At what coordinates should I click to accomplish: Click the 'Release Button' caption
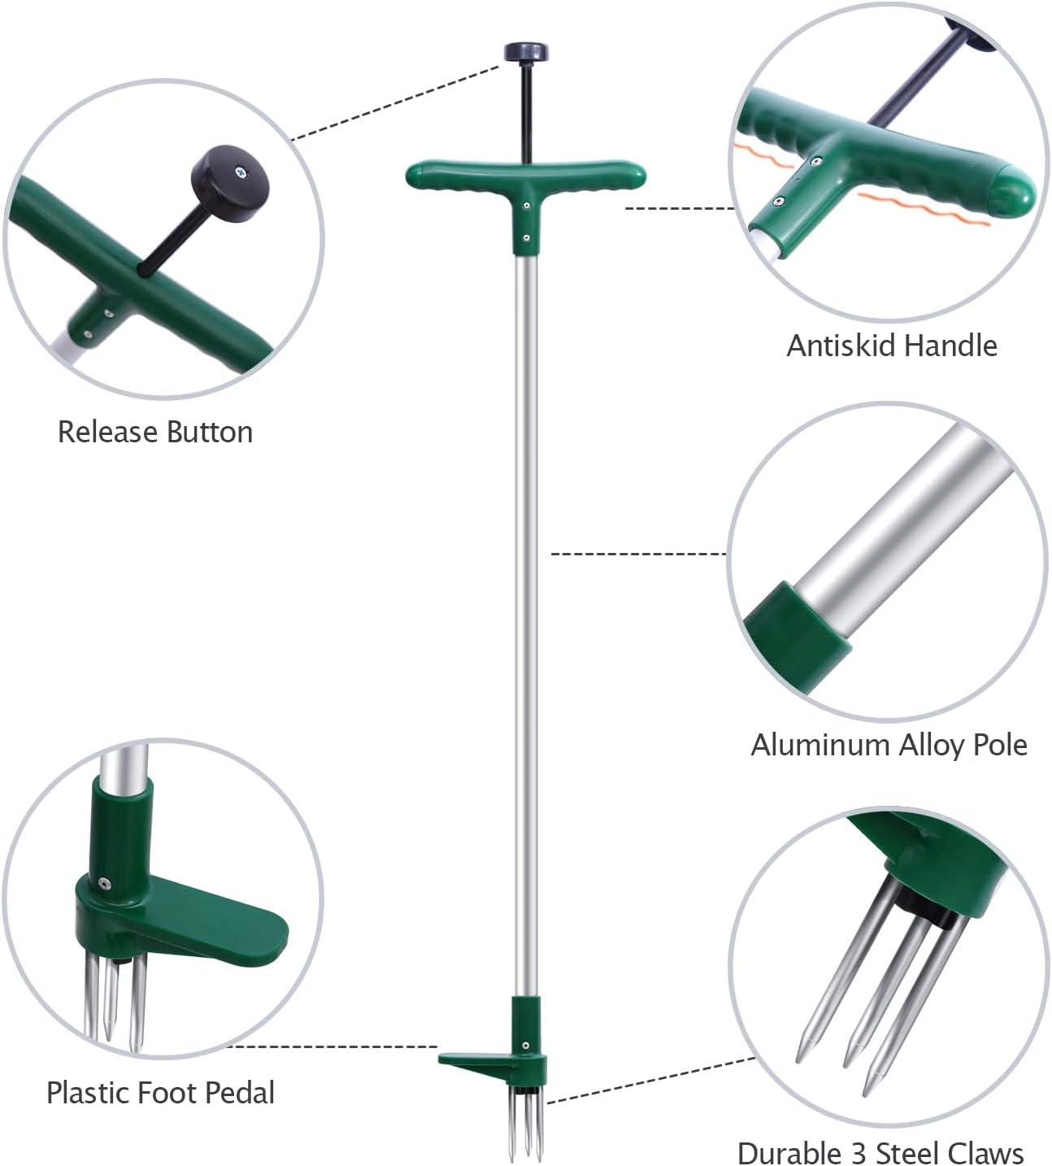(155, 432)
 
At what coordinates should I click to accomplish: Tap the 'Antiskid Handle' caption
(892, 346)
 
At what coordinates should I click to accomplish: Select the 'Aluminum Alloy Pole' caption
(889, 745)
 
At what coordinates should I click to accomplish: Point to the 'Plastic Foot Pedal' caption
(160, 1092)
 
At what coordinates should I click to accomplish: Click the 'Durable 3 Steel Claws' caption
(880, 1152)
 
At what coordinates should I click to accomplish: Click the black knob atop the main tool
(526, 52)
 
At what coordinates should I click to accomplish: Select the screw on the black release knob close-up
(241, 172)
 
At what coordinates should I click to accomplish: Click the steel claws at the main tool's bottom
(526, 1126)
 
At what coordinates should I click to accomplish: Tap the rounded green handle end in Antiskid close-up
(1015, 189)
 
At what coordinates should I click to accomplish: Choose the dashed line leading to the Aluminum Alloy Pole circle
(638, 554)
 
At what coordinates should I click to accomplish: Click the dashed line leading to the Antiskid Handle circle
(679, 209)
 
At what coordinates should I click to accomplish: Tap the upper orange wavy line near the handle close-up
(763, 154)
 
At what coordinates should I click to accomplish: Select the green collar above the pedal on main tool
(526, 1020)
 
